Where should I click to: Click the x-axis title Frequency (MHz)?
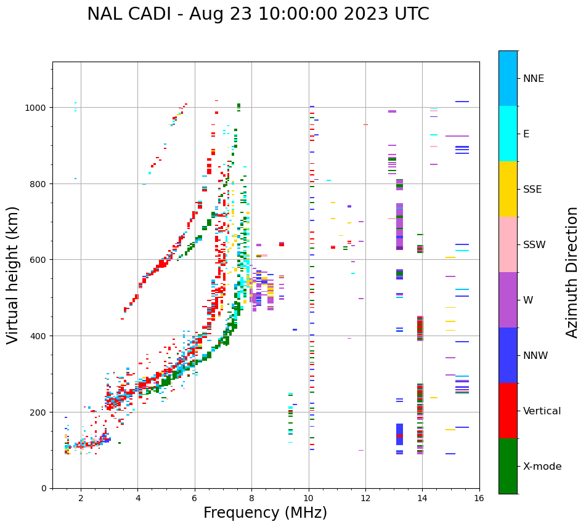pyautogui.click(x=265, y=513)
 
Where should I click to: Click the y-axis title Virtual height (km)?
pyautogui.click(x=13, y=275)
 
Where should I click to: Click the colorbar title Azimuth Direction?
pyautogui.click(x=572, y=272)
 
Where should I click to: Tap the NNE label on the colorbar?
pyautogui.click(x=534, y=78)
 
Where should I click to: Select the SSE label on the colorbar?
pyautogui.click(x=532, y=189)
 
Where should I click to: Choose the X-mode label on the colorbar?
pyautogui.click(x=542, y=466)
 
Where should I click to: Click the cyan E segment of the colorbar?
pyautogui.click(x=508, y=134)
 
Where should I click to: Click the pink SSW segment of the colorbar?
pyautogui.click(x=508, y=244)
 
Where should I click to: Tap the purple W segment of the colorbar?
pyautogui.click(x=508, y=300)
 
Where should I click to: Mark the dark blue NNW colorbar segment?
pyautogui.click(x=508, y=355)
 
